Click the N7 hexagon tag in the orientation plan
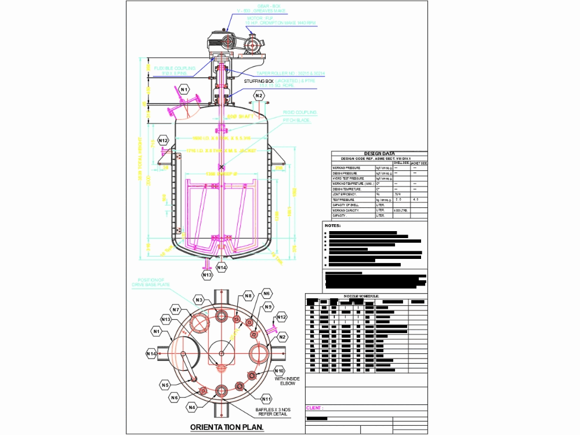pyautogui.click(x=176, y=310)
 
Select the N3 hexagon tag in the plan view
pyautogui.click(x=199, y=300)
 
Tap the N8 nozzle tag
pyautogui.click(x=248, y=296)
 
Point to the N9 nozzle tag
pyautogui.click(x=269, y=308)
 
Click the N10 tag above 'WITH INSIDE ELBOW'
pyautogui.click(x=279, y=371)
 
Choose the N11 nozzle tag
pyautogui.click(x=267, y=399)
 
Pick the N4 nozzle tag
pyautogui.click(x=192, y=407)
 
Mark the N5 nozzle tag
pyautogui.click(x=165, y=385)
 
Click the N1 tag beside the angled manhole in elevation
pyautogui.click(x=184, y=89)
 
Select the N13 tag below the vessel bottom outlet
pyautogui.click(x=207, y=275)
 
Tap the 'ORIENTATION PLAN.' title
pyautogui.click(x=227, y=427)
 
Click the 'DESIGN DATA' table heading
pyautogui.click(x=379, y=153)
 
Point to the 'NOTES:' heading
pyautogui.click(x=333, y=225)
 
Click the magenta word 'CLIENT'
pyautogui.click(x=314, y=408)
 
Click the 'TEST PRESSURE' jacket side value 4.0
pyautogui.click(x=415, y=199)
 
